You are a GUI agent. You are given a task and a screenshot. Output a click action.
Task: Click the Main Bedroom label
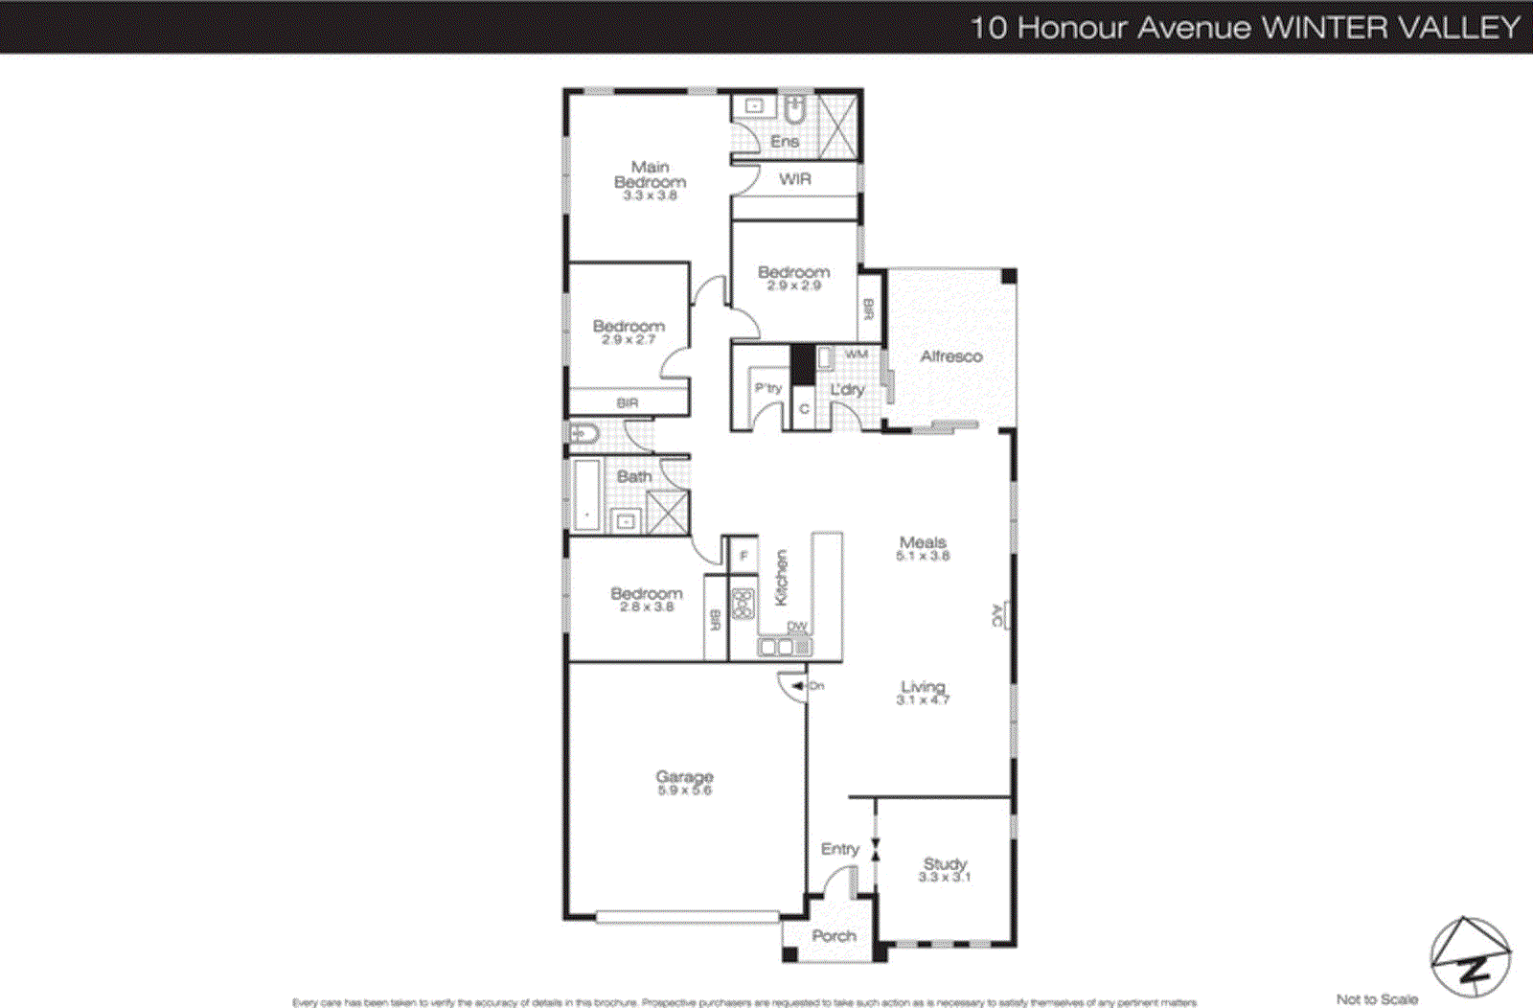tap(650, 174)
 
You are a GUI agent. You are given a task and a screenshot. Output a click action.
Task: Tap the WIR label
tap(794, 179)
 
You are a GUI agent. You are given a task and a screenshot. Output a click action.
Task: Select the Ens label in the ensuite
tap(784, 142)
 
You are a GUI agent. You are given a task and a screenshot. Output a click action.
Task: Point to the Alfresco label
tap(950, 356)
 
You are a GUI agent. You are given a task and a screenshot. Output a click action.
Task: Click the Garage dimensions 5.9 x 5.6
tap(684, 790)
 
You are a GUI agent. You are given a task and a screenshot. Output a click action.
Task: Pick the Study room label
tap(945, 863)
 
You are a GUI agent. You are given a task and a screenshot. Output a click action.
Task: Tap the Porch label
tap(834, 936)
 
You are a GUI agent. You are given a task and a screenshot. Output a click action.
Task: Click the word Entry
tap(839, 849)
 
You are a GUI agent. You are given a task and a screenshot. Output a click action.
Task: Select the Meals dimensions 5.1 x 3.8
tap(923, 556)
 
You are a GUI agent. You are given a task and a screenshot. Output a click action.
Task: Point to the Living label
tap(923, 687)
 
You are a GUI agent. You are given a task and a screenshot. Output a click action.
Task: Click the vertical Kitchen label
tap(781, 577)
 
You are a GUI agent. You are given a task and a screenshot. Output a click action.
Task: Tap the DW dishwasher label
tap(797, 627)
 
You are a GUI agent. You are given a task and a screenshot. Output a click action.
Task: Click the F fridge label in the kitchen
tap(744, 556)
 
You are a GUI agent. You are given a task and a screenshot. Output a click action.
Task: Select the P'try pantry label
tap(767, 388)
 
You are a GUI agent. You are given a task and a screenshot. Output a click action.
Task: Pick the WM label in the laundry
tap(856, 355)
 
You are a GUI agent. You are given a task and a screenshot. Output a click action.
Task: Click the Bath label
tap(633, 476)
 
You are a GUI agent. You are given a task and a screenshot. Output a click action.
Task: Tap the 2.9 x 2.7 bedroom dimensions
tap(628, 339)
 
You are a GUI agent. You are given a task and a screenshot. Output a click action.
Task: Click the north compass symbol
tap(1470, 957)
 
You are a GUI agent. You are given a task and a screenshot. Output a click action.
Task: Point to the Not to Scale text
tap(1377, 999)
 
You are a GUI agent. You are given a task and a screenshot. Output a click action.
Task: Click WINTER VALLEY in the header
tap(1391, 27)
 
